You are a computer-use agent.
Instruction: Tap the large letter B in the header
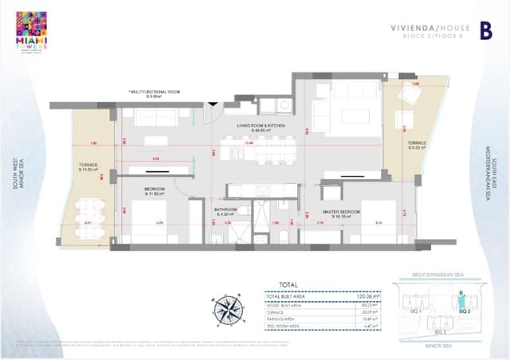pyautogui.click(x=484, y=31)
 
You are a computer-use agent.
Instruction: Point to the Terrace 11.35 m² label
pyautogui.click(x=88, y=168)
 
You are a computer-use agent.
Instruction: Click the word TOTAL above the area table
pyautogui.click(x=287, y=284)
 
